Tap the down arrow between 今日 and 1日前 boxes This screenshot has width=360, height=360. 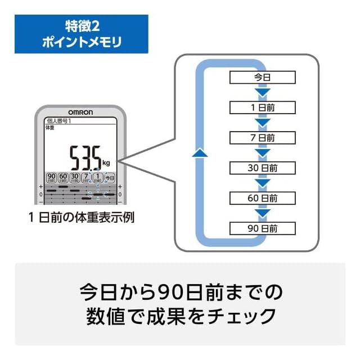pos(262,92)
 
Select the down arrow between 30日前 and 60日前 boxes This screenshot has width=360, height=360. pos(262,183)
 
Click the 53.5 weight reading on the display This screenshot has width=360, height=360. pos(85,158)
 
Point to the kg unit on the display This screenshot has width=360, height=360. pos(106,163)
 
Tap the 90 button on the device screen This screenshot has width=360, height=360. pos(51,178)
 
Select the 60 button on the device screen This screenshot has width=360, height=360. pos(63,178)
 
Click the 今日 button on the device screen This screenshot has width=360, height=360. pos(110,178)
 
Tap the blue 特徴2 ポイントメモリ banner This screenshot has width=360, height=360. pos(82,34)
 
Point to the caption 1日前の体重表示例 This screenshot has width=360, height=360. pos(82,217)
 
